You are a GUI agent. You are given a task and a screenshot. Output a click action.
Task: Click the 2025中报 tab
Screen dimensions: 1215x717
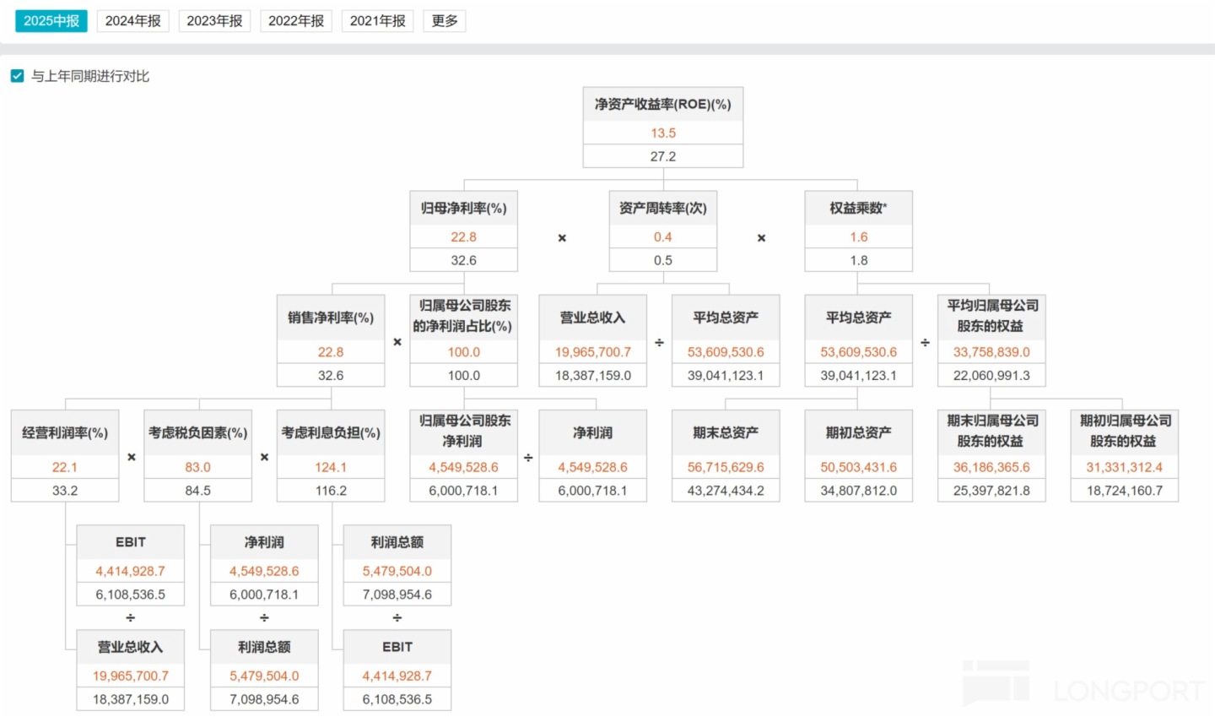[x=51, y=21]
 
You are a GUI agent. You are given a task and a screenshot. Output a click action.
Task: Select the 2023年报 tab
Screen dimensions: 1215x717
[x=214, y=21]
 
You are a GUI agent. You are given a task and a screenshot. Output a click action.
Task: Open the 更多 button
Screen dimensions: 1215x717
[x=444, y=21]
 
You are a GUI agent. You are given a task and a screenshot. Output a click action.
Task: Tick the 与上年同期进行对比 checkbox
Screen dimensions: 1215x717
[x=18, y=76]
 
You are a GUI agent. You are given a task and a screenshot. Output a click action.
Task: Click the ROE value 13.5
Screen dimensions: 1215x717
[x=663, y=133]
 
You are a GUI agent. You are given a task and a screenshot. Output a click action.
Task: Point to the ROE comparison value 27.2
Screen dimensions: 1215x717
[x=663, y=156]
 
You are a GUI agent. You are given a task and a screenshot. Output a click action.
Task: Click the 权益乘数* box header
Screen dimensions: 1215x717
[x=858, y=208]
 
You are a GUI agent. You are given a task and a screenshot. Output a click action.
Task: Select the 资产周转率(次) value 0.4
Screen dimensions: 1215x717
[x=663, y=237]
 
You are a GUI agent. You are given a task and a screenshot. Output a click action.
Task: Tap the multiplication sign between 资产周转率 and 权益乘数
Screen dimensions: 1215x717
[x=761, y=238]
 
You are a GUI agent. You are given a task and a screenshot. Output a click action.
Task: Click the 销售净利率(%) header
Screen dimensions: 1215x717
[x=331, y=318]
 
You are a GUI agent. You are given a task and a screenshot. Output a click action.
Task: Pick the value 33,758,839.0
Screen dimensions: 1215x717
[x=991, y=352]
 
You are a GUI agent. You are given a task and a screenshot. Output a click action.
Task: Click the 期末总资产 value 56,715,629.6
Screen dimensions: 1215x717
[x=726, y=467]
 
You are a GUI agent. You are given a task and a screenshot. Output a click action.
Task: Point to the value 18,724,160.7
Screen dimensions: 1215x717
[x=1125, y=491]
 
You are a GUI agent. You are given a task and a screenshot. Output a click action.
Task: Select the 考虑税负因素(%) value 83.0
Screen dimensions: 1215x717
[x=197, y=467]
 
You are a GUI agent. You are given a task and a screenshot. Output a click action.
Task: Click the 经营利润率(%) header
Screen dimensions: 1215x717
[x=64, y=432]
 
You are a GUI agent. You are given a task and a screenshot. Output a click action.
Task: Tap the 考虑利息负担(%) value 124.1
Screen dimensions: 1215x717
[x=331, y=467]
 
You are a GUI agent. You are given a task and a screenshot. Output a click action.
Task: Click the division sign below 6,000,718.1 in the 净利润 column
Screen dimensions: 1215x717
[x=263, y=617]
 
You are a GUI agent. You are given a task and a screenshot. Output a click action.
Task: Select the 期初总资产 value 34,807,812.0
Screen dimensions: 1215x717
[x=858, y=491]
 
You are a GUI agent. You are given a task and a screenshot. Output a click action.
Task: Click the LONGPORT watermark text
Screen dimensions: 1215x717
[x=1128, y=691]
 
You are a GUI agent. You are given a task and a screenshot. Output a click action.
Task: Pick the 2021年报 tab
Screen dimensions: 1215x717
[x=377, y=21]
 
